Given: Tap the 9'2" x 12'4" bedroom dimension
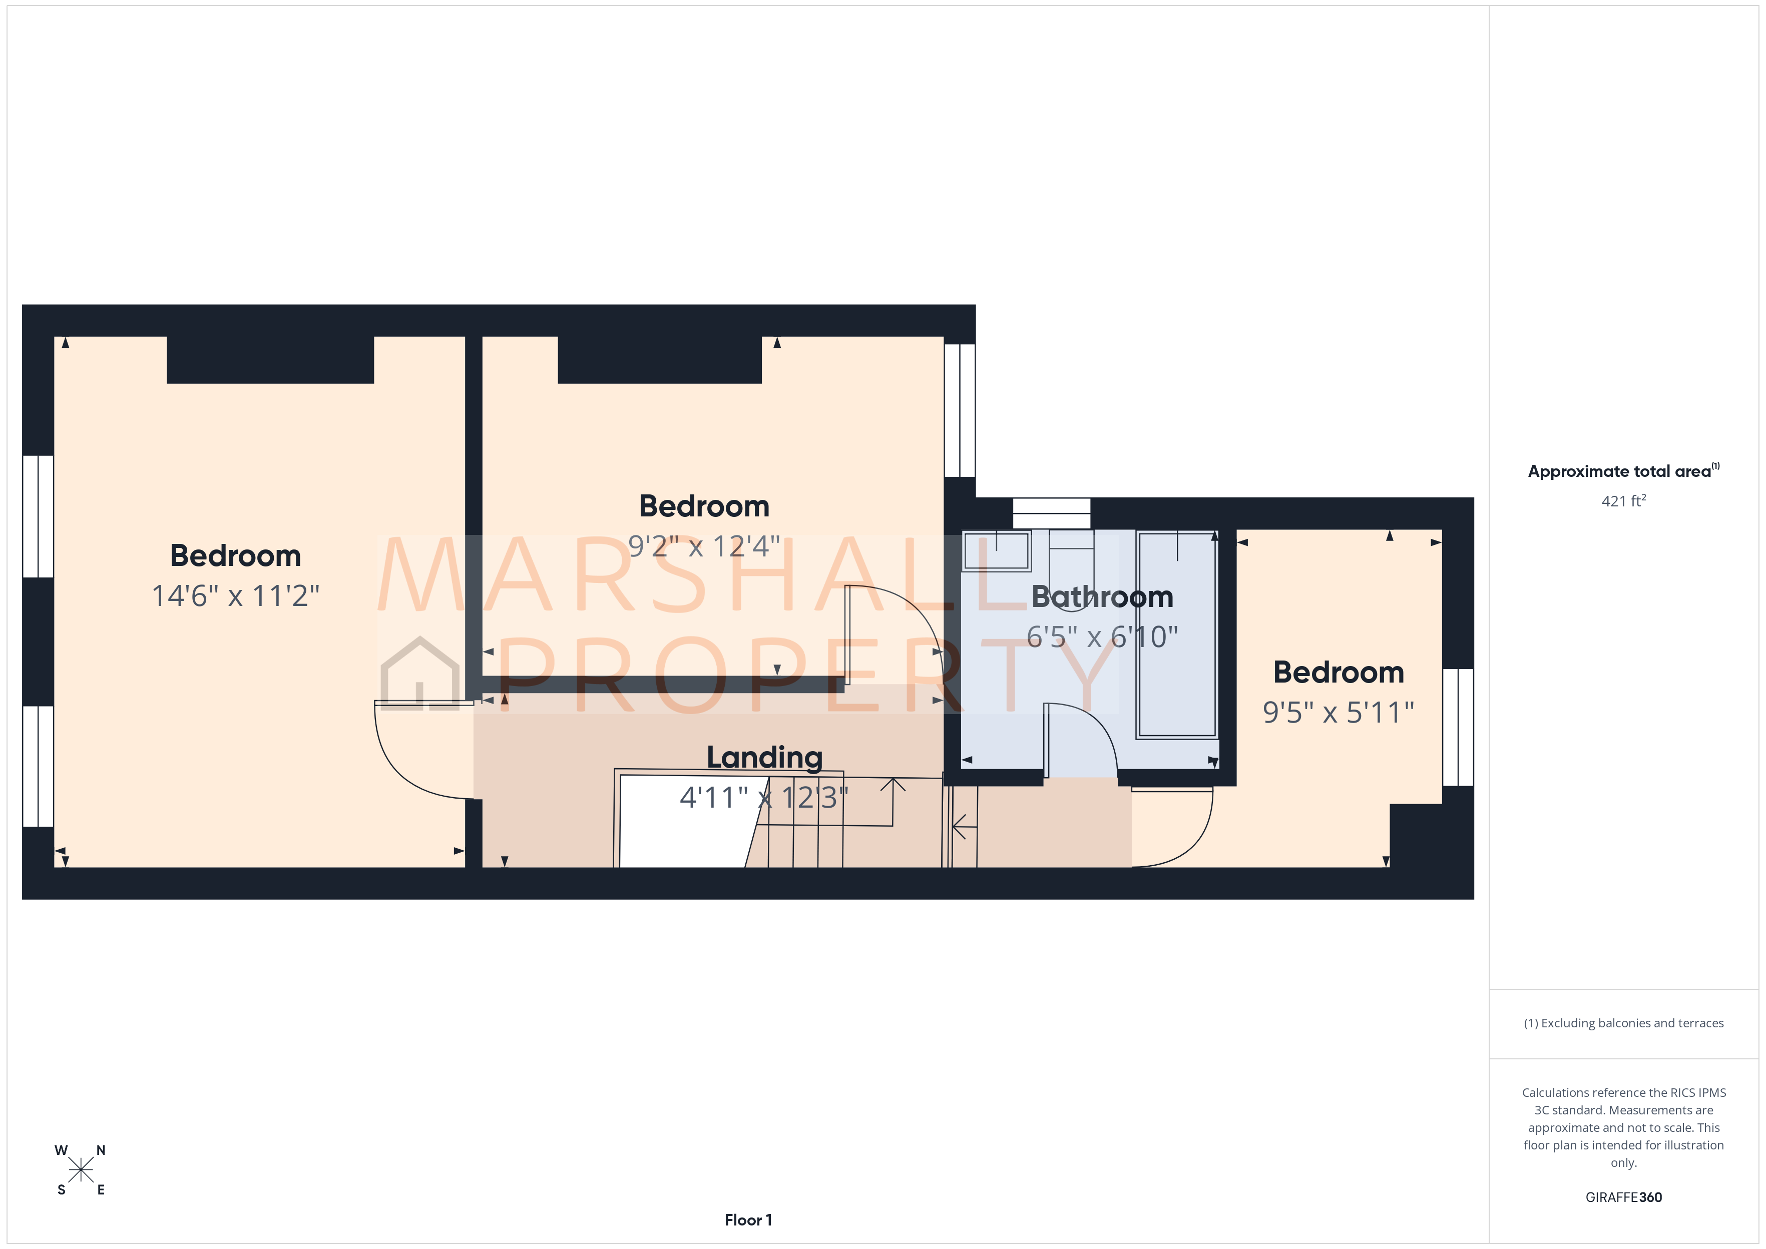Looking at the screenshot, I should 704,546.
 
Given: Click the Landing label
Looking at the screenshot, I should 764,758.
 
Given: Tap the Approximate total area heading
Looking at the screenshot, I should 1621,471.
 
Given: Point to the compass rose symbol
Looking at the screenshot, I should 80,1170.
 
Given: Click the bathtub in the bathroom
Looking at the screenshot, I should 1177,635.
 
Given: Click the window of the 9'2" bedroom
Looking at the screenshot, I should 960,410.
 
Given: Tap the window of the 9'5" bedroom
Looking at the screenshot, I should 1458,727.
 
